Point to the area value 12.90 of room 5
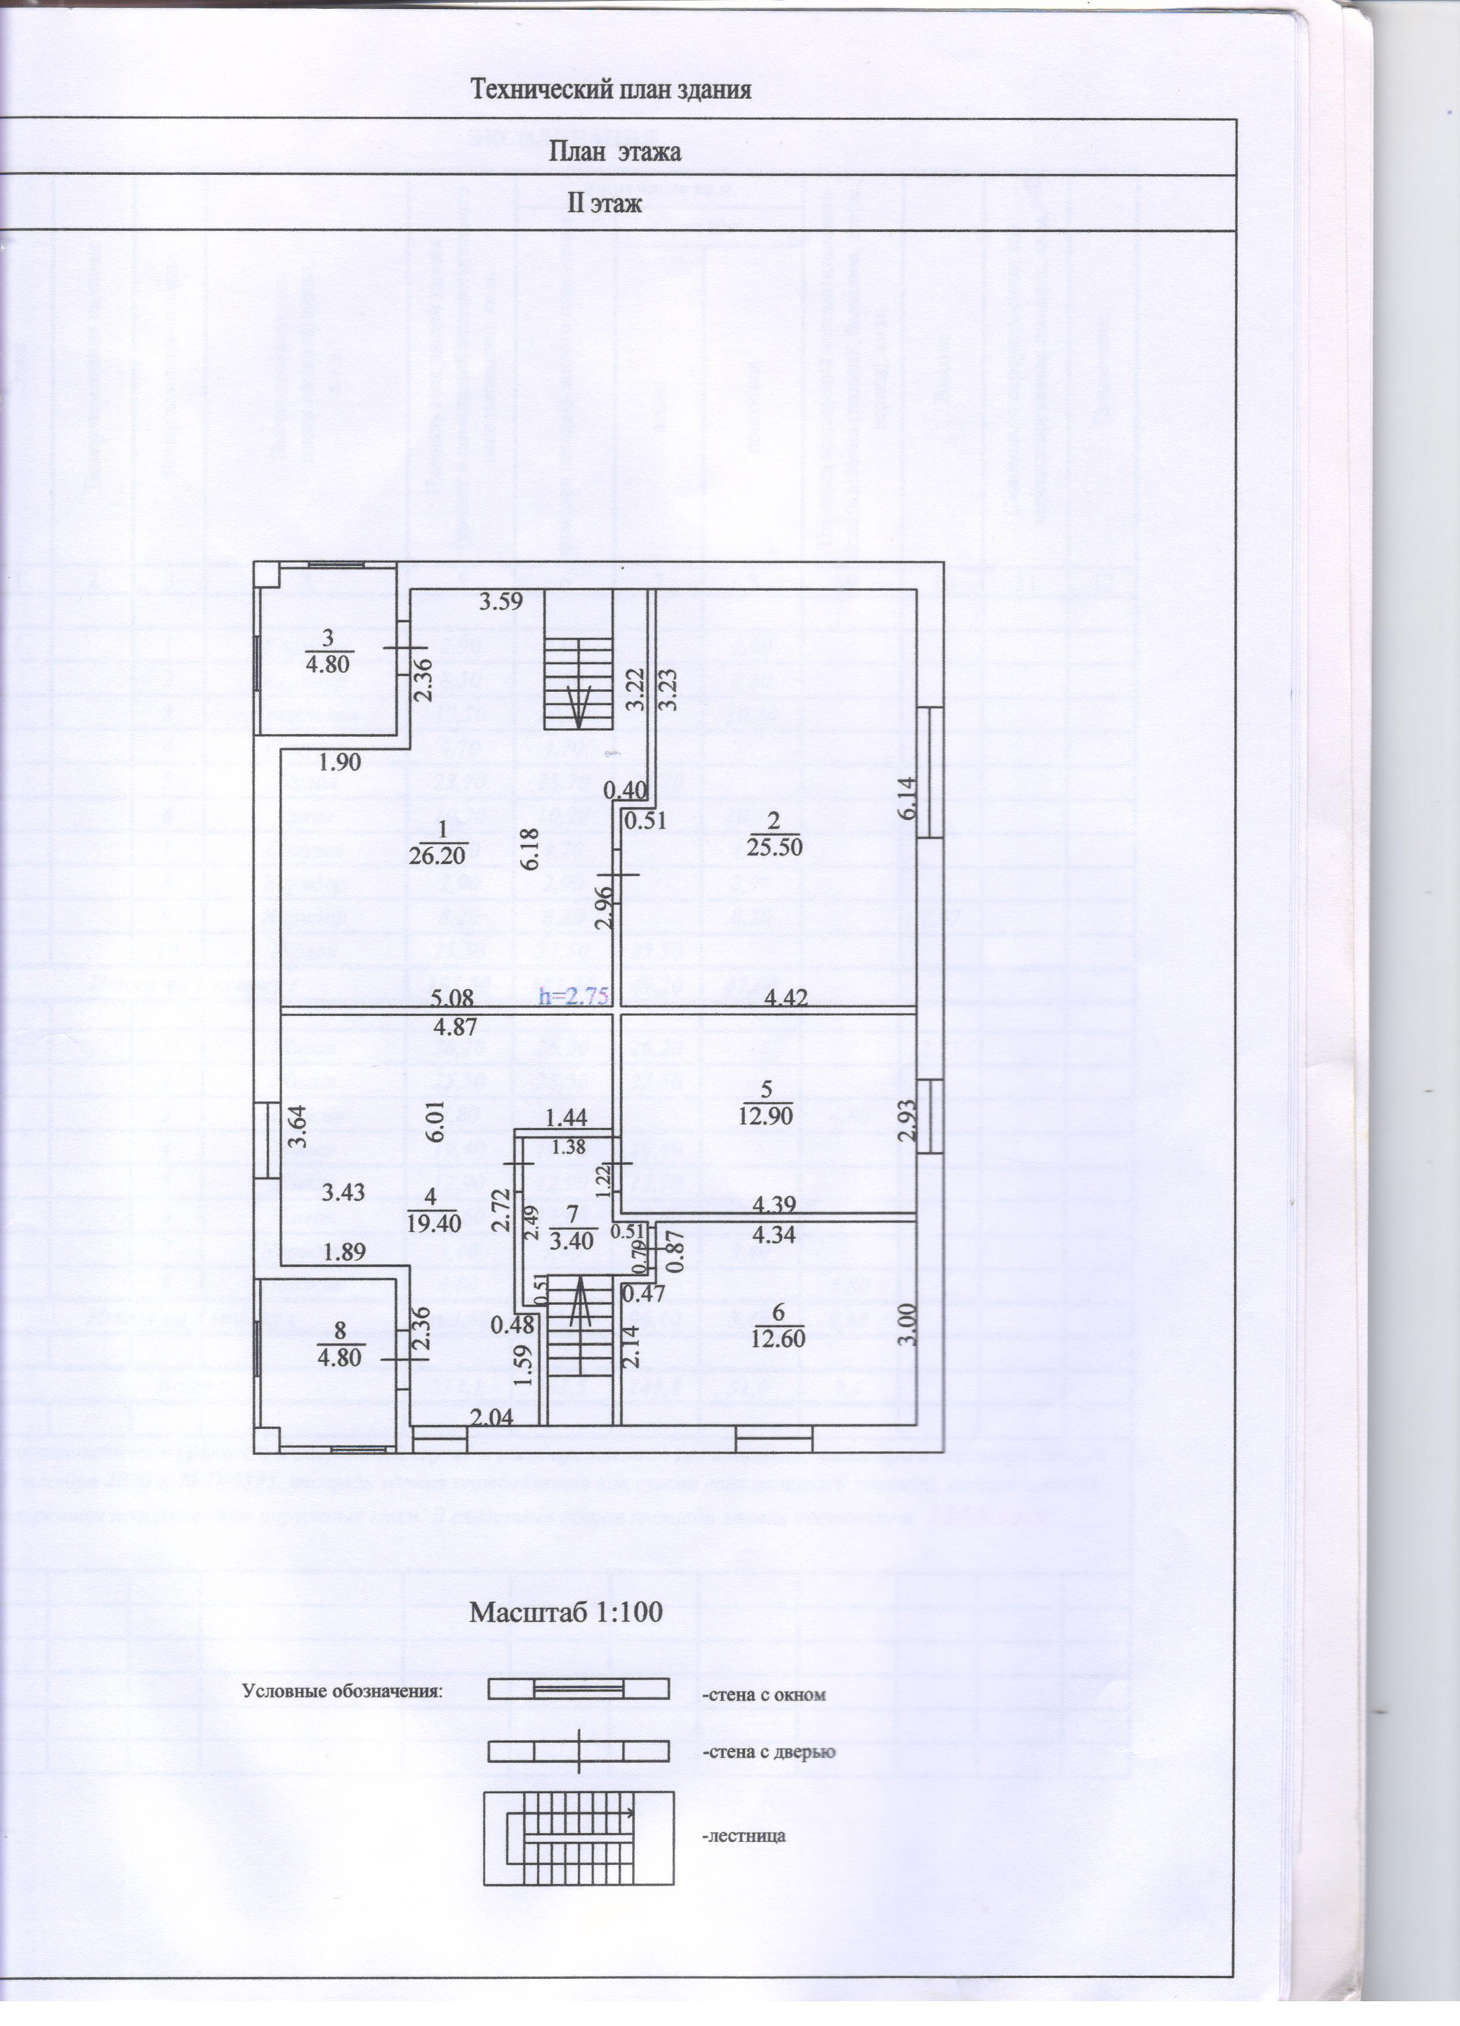767,1115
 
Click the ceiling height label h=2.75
573,998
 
